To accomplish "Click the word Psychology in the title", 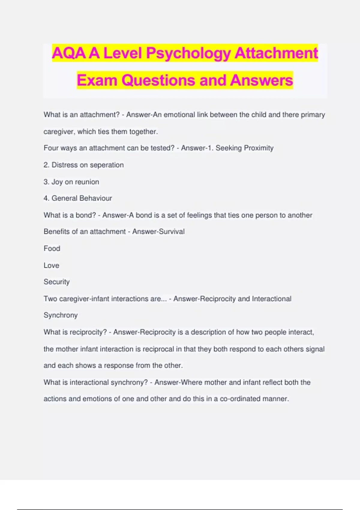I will click(188, 53).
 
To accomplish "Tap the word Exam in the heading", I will click(97, 80).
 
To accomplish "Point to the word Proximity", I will click(259, 148).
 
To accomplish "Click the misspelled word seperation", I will click(107, 165).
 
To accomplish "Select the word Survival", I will click(172, 232).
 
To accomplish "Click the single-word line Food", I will click(52, 248).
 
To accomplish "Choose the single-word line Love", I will click(51, 265).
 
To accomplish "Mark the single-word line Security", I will click(56, 282).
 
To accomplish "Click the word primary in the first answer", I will click(313, 115).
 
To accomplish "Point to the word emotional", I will click(179, 115).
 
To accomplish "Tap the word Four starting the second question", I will click(51, 148).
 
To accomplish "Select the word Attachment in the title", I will click(276, 53).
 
